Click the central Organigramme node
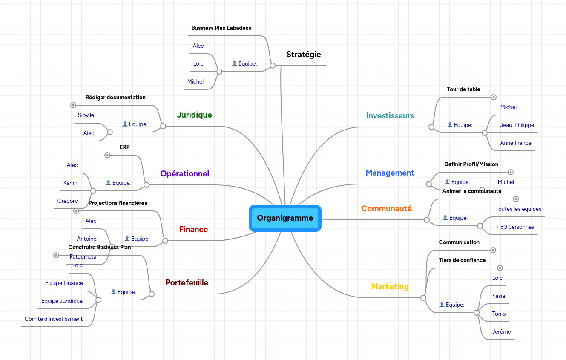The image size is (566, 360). click(x=285, y=219)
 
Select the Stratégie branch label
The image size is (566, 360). click(x=304, y=55)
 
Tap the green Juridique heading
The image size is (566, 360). click(x=194, y=115)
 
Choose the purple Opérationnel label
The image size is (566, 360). click(x=184, y=174)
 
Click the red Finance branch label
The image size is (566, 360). click(x=193, y=230)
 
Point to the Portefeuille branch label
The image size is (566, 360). click(x=187, y=283)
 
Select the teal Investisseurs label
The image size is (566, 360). click(x=390, y=116)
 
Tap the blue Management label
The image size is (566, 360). click(x=390, y=173)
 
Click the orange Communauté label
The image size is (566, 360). click(x=386, y=209)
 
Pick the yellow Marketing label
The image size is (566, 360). click(x=390, y=287)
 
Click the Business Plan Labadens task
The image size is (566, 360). click(x=221, y=28)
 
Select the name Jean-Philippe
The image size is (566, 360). click(x=517, y=125)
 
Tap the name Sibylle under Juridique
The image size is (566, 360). click(x=86, y=115)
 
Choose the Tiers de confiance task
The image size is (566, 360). click(x=462, y=260)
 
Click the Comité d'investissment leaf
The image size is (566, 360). click(x=54, y=319)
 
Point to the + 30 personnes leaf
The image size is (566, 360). click(x=514, y=227)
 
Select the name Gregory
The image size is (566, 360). click(x=67, y=201)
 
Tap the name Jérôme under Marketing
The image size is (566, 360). click(x=501, y=332)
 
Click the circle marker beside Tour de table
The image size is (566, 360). click(x=494, y=97)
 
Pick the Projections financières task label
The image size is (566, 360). click(x=118, y=203)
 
